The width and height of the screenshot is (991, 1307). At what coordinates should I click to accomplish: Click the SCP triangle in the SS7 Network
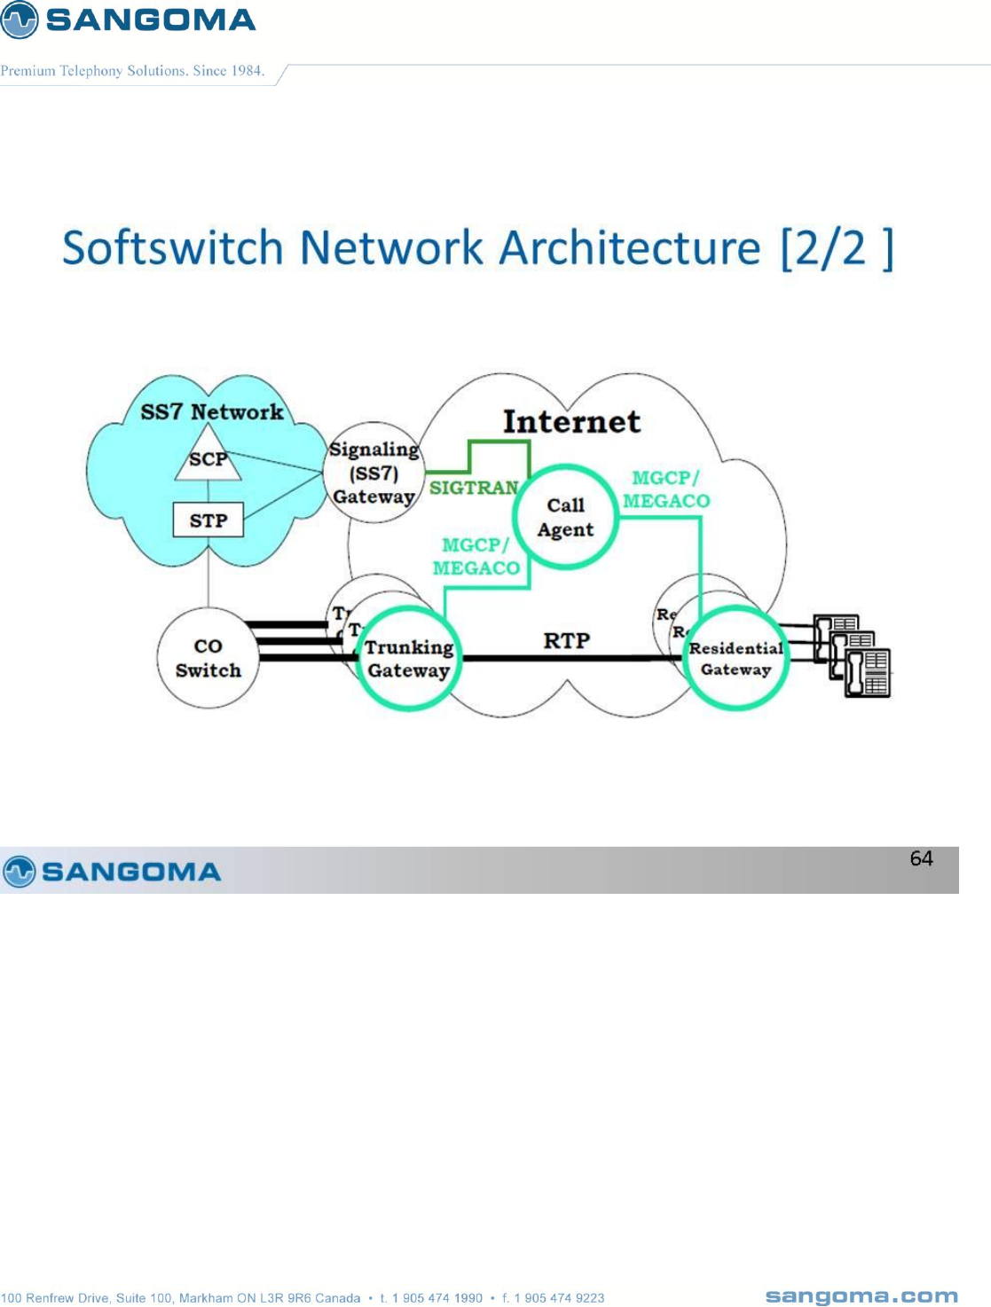(208, 457)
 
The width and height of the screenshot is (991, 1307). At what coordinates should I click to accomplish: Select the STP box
(208, 520)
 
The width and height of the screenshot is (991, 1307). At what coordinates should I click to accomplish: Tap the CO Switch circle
(208, 658)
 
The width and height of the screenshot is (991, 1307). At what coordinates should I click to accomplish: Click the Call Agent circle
(566, 517)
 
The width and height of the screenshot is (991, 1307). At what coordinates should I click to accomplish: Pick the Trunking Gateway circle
(408, 659)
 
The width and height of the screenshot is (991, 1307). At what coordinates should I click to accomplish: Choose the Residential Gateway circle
(735, 659)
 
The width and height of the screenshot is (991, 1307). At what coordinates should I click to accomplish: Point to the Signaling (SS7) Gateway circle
(374, 473)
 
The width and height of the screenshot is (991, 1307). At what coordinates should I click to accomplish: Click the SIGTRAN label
(474, 488)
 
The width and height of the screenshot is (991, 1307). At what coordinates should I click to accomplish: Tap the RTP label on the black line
(566, 640)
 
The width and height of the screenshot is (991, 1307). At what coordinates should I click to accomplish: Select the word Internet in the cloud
(571, 422)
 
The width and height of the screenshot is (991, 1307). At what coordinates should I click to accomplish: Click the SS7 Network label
(212, 411)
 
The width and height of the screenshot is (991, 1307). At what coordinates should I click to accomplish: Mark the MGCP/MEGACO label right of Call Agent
(666, 489)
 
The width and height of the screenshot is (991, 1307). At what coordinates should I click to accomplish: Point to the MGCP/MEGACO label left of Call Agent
(476, 557)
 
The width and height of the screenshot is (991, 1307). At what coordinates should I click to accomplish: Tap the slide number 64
(921, 858)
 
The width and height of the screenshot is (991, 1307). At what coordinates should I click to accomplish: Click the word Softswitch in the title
(172, 247)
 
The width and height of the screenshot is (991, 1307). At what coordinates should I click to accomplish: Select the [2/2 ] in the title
(837, 247)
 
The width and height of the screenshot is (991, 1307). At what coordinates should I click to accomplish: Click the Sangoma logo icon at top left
(20, 20)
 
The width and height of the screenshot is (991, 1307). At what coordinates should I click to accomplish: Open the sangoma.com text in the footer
(861, 1296)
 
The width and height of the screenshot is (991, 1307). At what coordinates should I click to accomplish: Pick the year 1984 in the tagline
(247, 71)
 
